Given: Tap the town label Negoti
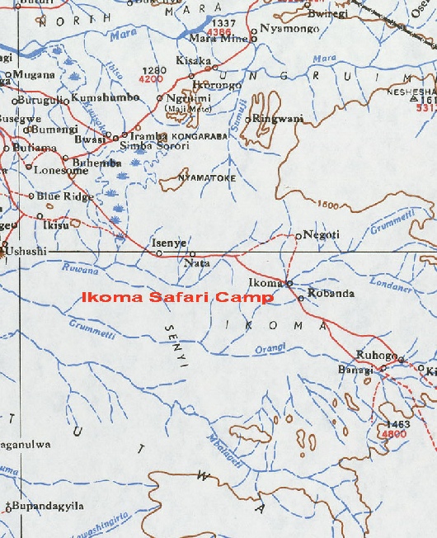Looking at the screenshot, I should tap(322, 235).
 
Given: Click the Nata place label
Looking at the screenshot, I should tap(199, 263).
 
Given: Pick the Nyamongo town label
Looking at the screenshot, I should tap(289, 28).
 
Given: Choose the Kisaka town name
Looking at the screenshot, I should tap(195, 62).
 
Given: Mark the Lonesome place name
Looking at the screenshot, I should tap(56, 169).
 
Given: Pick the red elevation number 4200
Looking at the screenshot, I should tap(152, 80).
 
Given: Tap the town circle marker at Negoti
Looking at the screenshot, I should tap(298, 236).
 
